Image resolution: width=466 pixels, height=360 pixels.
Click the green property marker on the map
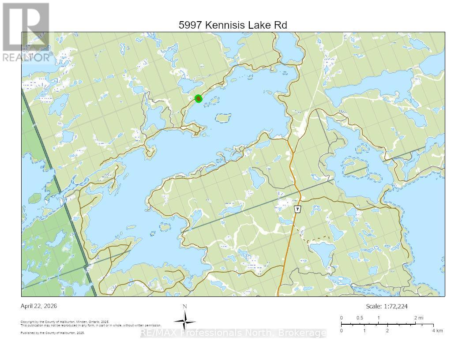(199, 99)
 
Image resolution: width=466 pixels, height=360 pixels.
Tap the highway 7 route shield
(298, 209)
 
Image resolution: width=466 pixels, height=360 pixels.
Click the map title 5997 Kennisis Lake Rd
(233, 25)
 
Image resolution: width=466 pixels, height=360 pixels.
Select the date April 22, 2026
(39, 306)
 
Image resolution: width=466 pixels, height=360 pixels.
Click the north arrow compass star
(185, 320)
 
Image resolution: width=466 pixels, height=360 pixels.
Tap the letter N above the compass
(185, 307)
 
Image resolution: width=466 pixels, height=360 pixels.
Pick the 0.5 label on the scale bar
(360, 318)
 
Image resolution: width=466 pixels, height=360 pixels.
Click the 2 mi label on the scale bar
(419, 318)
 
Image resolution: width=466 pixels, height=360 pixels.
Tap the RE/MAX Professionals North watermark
(233, 333)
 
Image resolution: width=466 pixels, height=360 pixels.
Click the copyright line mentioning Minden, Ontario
(65, 322)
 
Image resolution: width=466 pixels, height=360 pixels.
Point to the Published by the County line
(53, 333)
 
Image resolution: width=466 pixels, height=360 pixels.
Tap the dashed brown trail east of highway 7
(316, 239)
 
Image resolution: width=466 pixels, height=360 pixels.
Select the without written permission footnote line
(90, 325)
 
